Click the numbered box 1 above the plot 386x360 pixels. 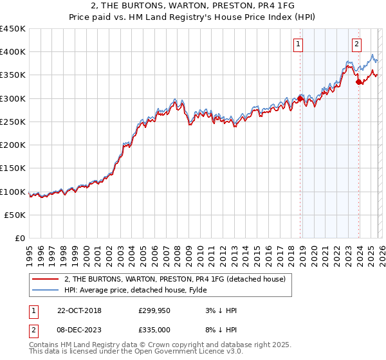click(x=299, y=44)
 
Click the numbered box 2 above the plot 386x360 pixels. click(x=357, y=44)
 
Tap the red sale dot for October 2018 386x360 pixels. click(x=300, y=99)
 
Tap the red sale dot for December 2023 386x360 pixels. click(x=358, y=82)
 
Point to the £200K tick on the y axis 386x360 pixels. click(x=13, y=145)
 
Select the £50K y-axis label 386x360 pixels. click(x=15, y=215)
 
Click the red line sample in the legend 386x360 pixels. click(x=46, y=278)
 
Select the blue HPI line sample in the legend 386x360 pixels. click(x=46, y=290)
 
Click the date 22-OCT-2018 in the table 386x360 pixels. click(x=78, y=310)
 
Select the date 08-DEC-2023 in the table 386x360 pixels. click(x=78, y=329)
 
